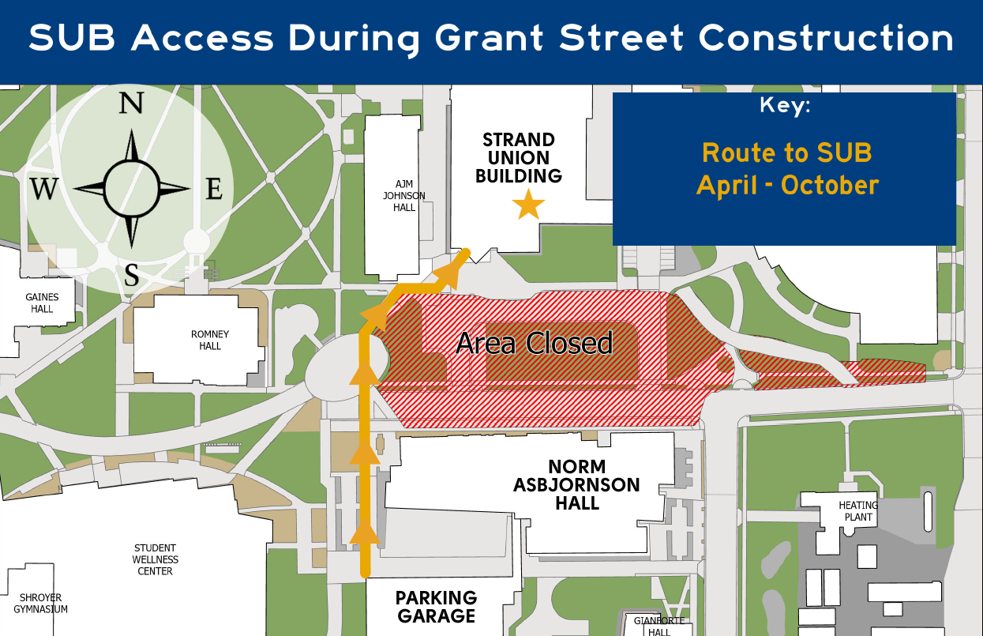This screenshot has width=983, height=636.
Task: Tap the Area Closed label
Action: click(535, 343)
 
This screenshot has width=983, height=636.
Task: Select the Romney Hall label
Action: click(210, 341)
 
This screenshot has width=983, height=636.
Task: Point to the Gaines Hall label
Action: click(42, 303)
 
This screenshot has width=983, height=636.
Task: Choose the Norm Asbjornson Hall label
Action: click(576, 484)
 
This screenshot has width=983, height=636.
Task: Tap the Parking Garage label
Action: click(436, 607)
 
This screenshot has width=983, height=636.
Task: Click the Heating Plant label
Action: click(858, 511)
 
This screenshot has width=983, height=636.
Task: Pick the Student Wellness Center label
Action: click(156, 559)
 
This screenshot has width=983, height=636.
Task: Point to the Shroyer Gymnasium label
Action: click(41, 604)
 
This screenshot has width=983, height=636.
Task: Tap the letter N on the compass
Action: click(131, 103)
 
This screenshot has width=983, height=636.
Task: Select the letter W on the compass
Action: click(44, 190)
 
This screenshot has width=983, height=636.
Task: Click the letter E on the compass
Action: click(214, 190)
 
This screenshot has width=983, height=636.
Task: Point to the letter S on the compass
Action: click(132, 276)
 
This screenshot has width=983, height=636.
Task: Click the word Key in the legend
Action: click(785, 106)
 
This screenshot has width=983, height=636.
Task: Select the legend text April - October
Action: click(787, 185)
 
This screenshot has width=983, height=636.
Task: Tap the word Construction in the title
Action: click(827, 38)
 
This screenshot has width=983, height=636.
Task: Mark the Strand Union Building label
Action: click(519, 158)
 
